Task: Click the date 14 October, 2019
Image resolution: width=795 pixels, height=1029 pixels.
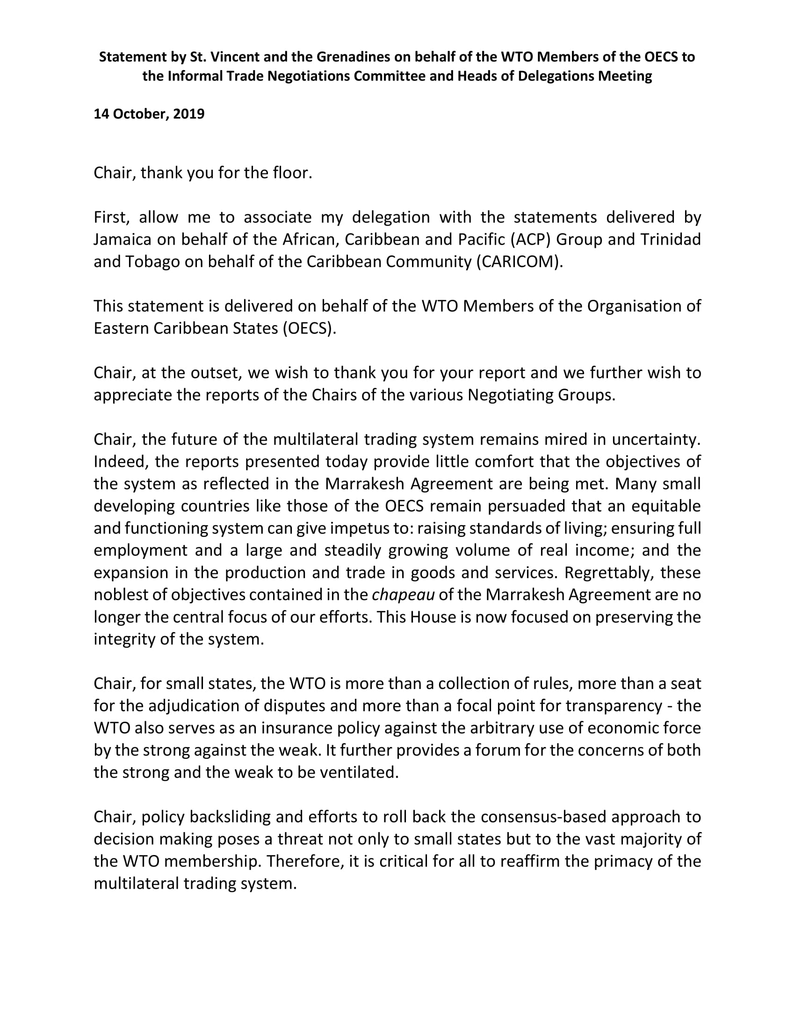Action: (149, 114)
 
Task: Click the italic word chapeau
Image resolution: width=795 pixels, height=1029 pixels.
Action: (403, 594)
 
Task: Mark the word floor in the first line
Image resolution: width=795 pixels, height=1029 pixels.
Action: (292, 173)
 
